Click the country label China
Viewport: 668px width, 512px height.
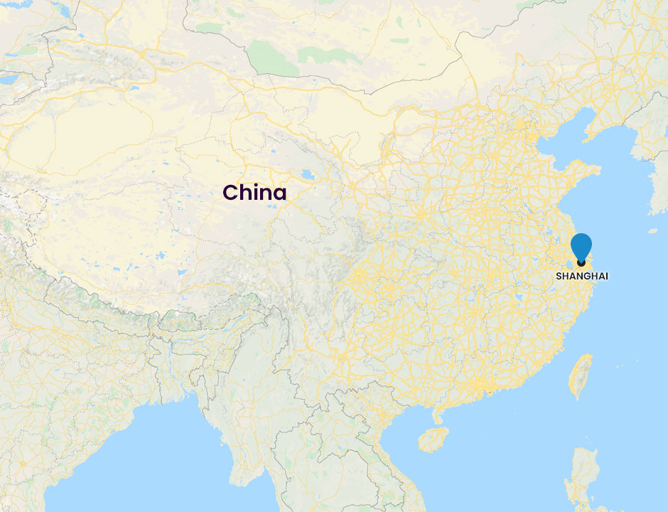coord(254,192)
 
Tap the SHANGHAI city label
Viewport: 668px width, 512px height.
coord(582,276)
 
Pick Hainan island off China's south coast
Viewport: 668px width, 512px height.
coord(433,439)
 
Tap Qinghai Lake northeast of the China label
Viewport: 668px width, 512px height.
coord(307,175)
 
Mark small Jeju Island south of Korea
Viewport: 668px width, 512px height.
coord(653,230)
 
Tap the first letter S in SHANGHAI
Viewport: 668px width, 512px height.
coord(559,276)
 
